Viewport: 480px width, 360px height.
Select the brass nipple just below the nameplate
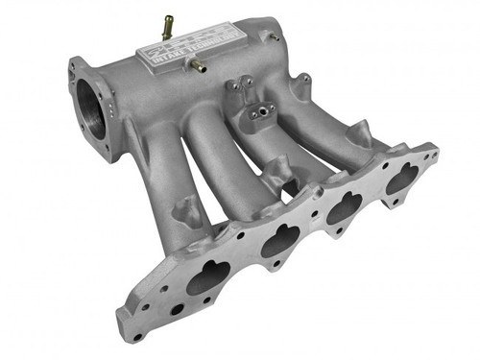[x=198, y=65]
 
